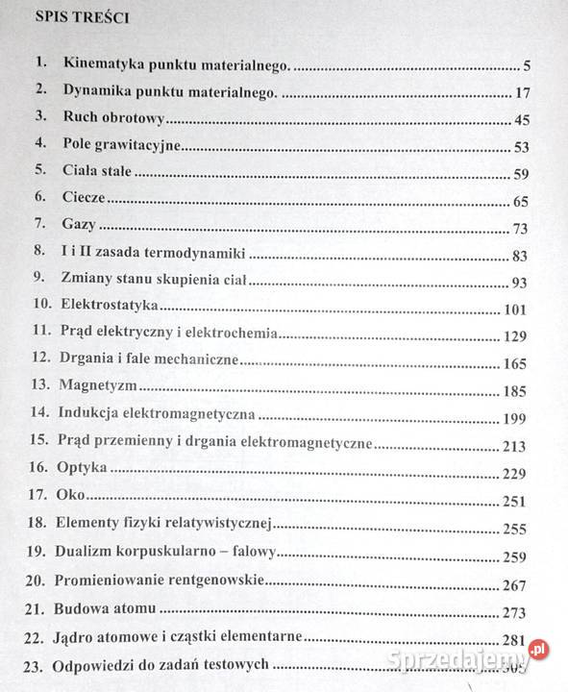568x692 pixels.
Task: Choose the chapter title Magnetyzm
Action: (x=97, y=384)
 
